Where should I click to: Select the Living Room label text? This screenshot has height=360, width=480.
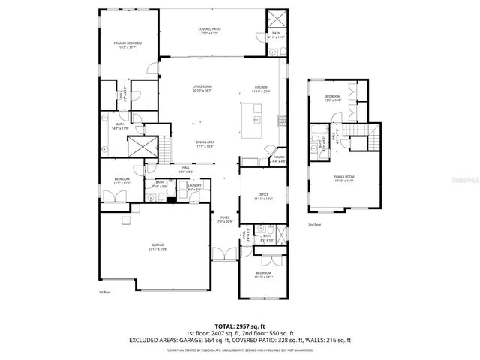[x=202, y=88]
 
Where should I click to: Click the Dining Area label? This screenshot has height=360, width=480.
[x=205, y=144]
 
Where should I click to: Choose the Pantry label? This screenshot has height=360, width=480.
[x=278, y=159]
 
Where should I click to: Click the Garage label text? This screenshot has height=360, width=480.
[x=157, y=246]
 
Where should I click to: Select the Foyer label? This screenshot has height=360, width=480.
[x=224, y=220]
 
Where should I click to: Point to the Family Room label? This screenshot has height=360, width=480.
[x=344, y=178]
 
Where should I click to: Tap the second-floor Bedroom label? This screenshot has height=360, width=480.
[x=333, y=97]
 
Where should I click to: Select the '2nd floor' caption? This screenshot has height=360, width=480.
[x=314, y=224]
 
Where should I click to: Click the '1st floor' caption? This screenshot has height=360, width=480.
[x=104, y=292]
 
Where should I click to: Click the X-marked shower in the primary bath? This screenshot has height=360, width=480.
[x=144, y=145]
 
